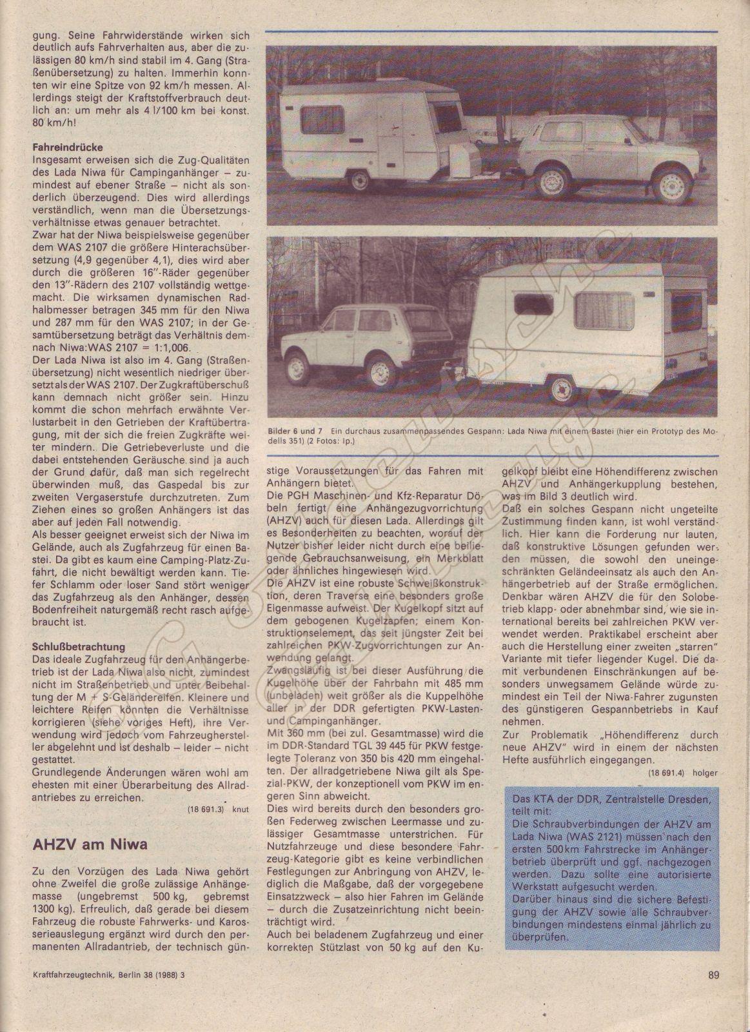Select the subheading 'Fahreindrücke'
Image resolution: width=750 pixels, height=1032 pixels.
pos(66,147)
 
